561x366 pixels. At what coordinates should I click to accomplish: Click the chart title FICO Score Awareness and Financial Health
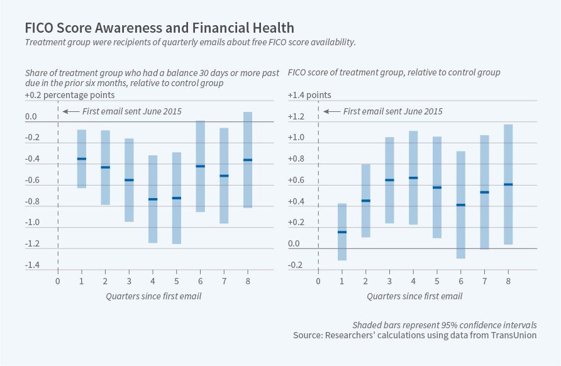click(159, 28)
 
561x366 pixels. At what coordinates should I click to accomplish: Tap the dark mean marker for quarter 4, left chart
click(153, 199)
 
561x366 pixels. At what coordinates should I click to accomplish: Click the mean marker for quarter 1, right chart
click(342, 232)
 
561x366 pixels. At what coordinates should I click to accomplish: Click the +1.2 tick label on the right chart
click(297, 117)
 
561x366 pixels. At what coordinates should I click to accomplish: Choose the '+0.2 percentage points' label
click(70, 96)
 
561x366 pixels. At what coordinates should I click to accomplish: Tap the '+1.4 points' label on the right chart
click(309, 96)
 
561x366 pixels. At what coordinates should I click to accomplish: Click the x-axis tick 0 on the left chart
click(57, 280)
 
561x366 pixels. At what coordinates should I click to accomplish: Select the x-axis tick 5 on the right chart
click(437, 280)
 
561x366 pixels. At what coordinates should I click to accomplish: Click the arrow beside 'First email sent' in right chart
click(331, 111)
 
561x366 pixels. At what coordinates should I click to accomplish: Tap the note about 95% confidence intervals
click(445, 324)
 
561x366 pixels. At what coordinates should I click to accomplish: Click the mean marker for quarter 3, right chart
click(389, 180)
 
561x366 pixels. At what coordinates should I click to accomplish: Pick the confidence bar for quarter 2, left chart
click(105, 167)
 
